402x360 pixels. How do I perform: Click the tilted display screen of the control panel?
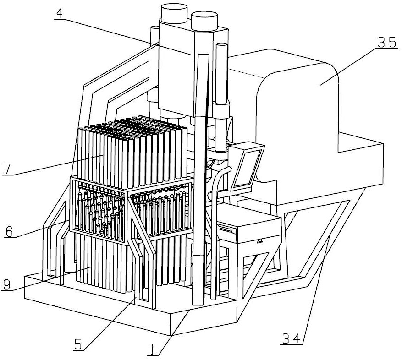tap(246, 167)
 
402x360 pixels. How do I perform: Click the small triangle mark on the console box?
tap(260, 240)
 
